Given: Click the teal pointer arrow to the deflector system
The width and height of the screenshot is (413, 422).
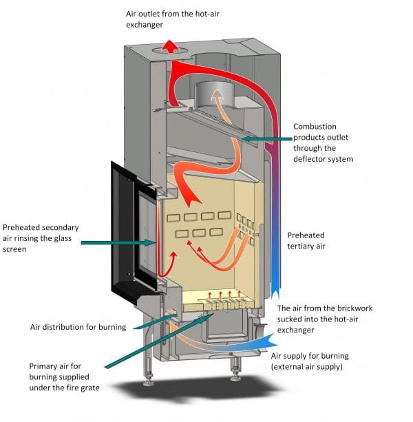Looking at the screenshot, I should click(265, 140).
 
